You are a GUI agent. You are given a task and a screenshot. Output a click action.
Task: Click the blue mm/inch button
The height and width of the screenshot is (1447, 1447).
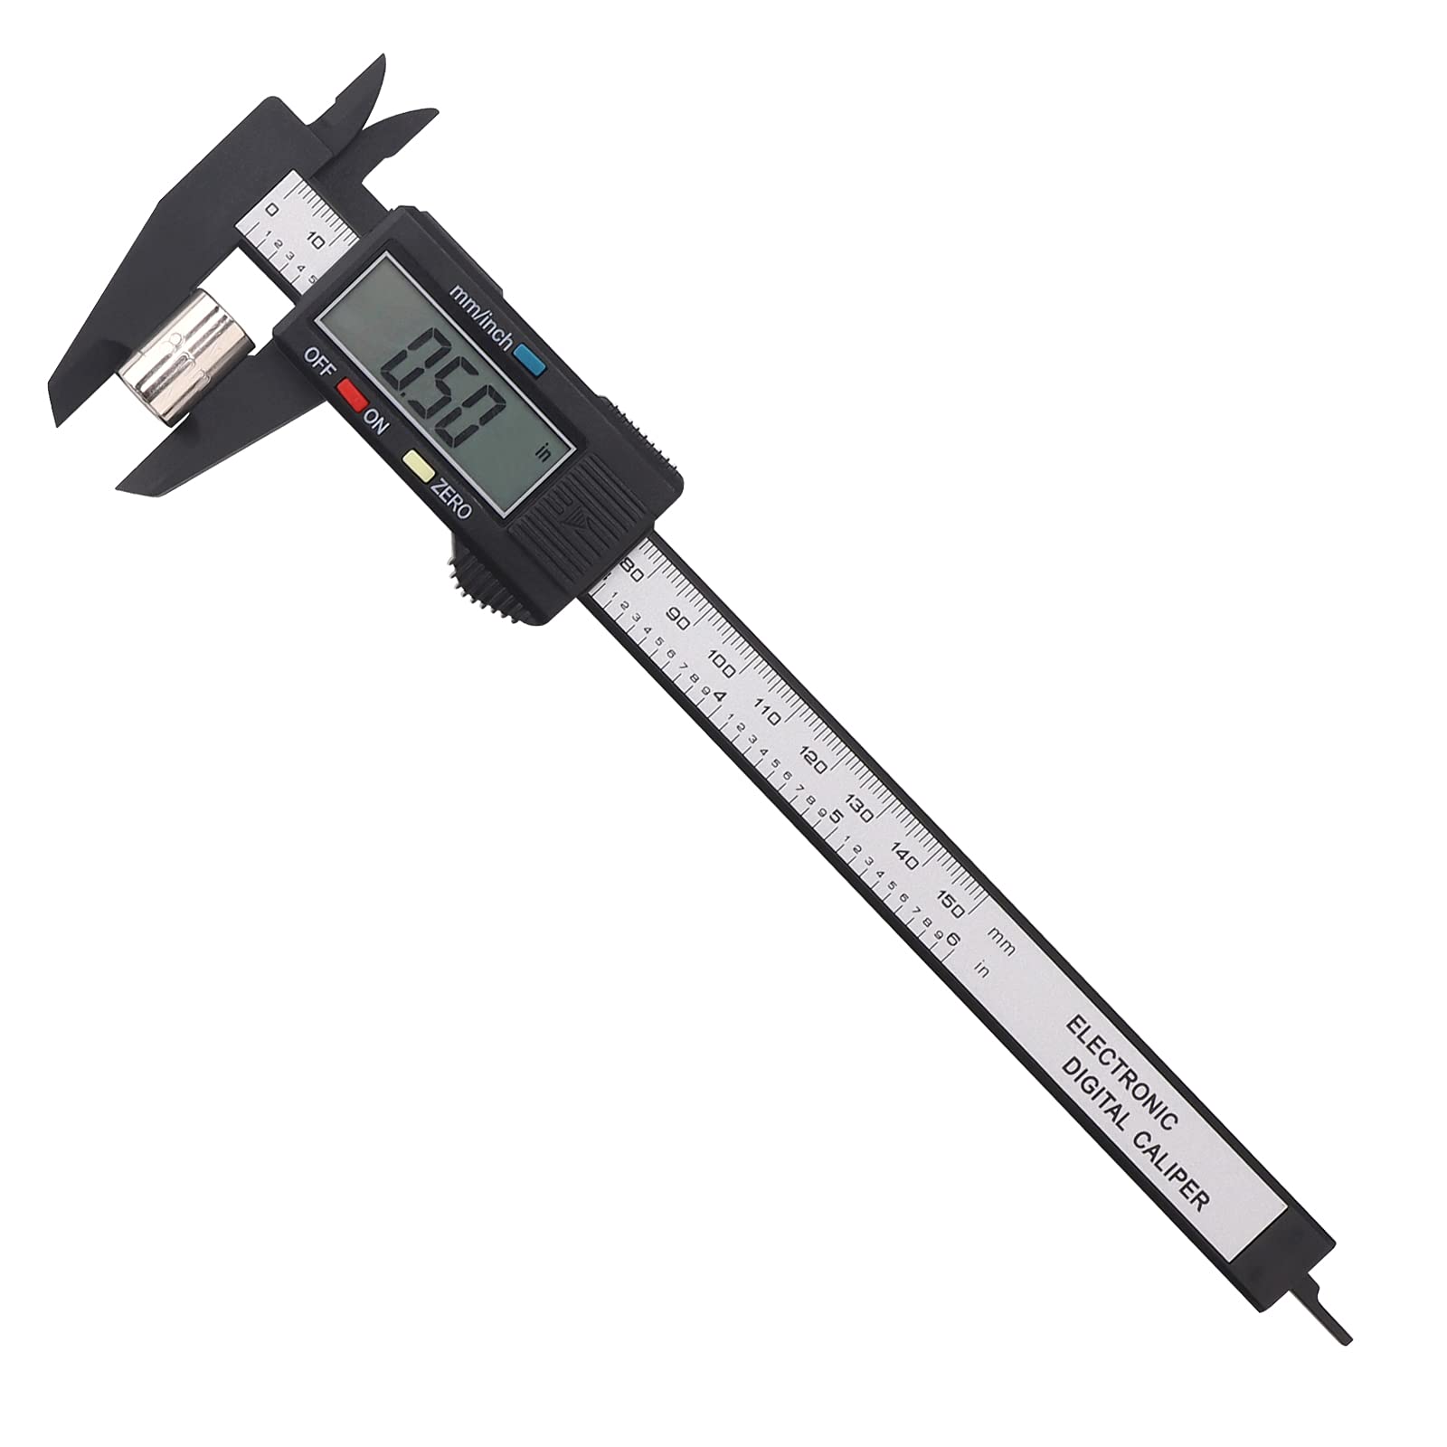530,363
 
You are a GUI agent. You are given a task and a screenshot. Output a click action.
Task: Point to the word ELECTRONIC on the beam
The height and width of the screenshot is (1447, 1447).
1121,1071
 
